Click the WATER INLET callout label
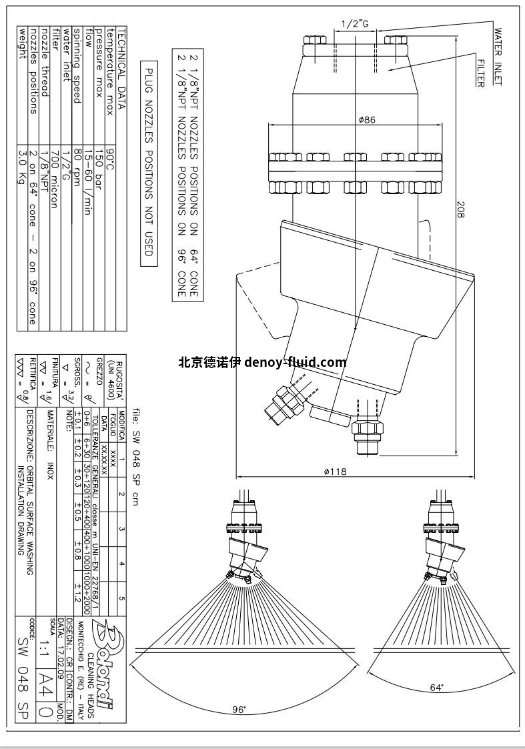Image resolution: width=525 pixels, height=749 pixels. click(x=498, y=56)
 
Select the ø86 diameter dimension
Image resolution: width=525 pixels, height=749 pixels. click(x=367, y=120)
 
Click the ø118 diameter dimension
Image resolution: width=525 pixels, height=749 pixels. click(x=335, y=471)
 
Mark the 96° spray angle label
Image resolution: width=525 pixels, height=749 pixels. click(x=239, y=710)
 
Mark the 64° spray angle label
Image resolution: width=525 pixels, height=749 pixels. click(x=437, y=688)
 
